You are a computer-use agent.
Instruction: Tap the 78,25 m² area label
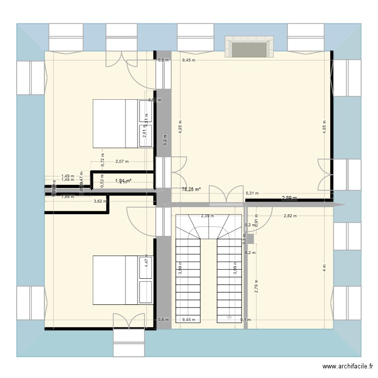click(x=191, y=190)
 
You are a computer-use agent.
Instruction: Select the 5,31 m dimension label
click(x=252, y=193)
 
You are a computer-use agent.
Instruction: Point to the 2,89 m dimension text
click(x=289, y=198)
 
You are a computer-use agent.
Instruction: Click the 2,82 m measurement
click(x=289, y=216)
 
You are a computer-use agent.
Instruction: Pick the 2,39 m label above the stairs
click(x=208, y=216)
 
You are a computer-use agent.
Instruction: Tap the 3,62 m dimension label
click(x=100, y=202)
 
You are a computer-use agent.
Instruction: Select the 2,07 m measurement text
click(x=122, y=162)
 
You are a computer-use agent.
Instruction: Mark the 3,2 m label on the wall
click(x=164, y=140)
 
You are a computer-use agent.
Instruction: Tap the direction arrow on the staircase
click(x=229, y=318)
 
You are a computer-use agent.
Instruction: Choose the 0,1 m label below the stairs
click(x=245, y=320)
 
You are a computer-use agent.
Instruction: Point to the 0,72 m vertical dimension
click(x=103, y=162)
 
